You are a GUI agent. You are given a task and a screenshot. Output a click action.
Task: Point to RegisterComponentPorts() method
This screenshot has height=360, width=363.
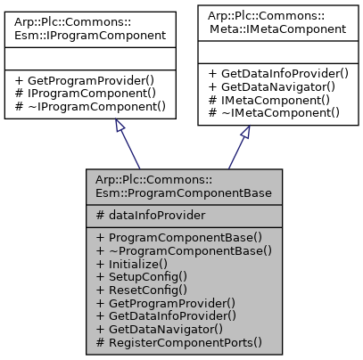[179, 341]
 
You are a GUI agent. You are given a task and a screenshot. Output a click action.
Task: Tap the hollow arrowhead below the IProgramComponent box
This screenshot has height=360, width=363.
[120, 128]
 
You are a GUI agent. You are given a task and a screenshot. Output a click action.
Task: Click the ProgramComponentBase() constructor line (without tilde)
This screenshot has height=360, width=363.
[179, 238]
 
